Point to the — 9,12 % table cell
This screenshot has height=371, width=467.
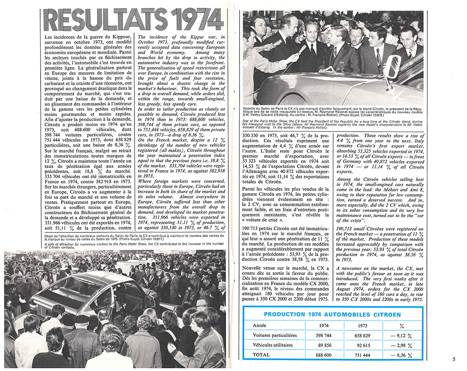(403, 335)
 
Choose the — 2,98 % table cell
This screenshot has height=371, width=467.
(403, 345)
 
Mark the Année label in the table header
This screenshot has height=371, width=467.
(260, 325)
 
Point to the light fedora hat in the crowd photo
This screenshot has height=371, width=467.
(202, 302)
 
